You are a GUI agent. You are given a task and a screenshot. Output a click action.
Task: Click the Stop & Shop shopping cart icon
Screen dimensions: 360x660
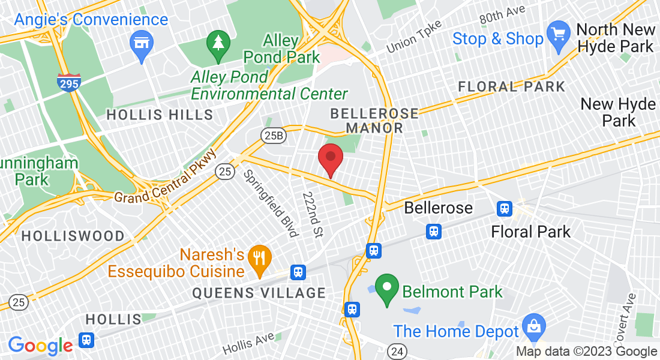(x=559, y=34)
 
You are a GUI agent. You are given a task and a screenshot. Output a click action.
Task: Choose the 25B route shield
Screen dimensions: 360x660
(x=273, y=136)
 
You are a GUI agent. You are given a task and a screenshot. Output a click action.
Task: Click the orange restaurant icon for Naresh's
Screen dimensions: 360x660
(x=259, y=259)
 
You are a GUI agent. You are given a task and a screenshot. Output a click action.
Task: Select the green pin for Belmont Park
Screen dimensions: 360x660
(x=387, y=288)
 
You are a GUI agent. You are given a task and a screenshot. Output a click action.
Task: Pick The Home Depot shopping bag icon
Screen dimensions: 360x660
(x=533, y=328)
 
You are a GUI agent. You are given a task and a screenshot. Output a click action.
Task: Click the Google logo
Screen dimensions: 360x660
(x=40, y=346)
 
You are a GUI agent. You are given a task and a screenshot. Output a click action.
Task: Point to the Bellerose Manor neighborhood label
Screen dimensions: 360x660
(x=374, y=121)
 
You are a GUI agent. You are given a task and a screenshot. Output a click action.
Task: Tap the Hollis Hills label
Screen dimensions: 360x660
(x=160, y=115)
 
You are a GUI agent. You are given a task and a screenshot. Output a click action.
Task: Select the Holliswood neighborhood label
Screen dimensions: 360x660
(x=73, y=236)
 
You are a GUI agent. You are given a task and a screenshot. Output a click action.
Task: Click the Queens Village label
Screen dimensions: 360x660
(x=259, y=293)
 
